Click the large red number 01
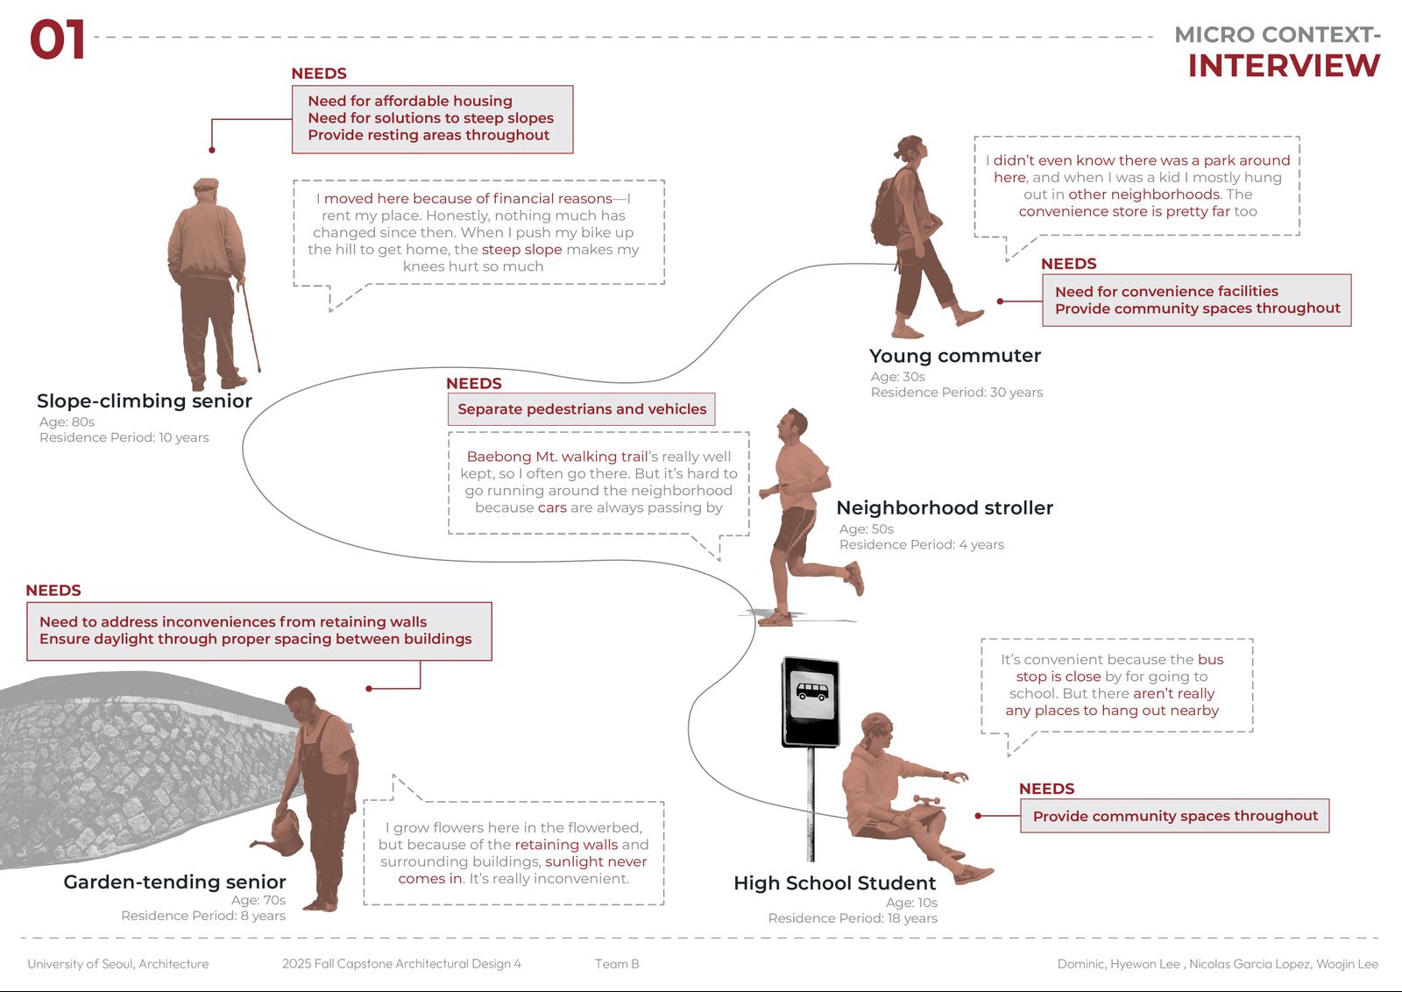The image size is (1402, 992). [x=58, y=40]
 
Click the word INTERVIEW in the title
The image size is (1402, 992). [x=1283, y=66]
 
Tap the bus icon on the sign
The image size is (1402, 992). [x=811, y=691]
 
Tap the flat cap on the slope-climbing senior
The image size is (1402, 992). [x=205, y=185]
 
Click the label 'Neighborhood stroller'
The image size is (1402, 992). [x=944, y=508]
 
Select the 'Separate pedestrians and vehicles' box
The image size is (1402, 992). [x=581, y=409]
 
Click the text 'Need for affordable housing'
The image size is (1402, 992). [x=409, y=101]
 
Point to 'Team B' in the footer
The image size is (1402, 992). [x=616, y=964]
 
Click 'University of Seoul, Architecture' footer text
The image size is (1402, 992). [x=118, y=964]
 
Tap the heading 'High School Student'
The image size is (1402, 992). [x=834, y=883]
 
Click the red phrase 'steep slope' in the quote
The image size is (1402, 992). [x=521, y=250]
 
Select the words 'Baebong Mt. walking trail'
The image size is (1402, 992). [x=556, y=457]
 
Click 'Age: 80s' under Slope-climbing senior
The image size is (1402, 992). [x=67, y=422]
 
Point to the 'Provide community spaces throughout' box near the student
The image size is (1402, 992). [x=1174, y=816]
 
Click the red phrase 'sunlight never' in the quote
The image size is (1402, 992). [x=596, y=861]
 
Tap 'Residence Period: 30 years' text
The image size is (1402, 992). [x=956, y=393]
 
